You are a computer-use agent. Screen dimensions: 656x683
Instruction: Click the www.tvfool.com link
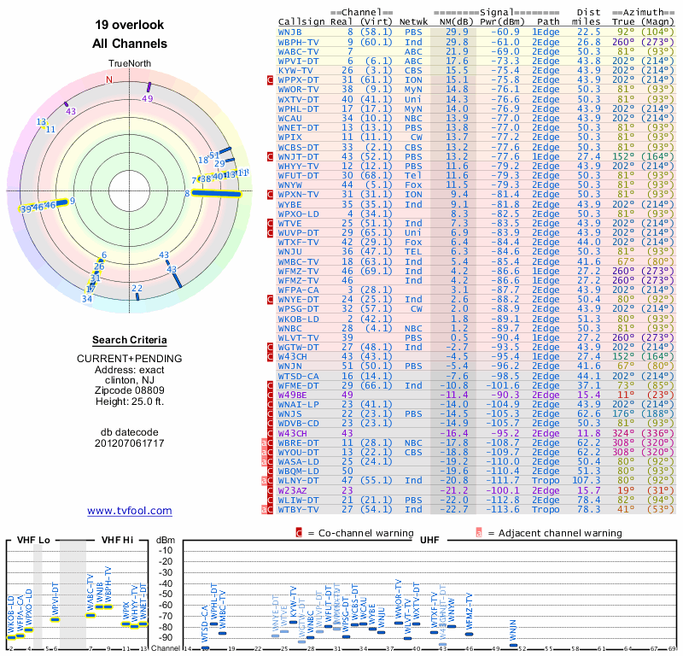pos(130,511)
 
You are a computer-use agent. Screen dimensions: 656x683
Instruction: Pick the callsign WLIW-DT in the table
pos(299,500)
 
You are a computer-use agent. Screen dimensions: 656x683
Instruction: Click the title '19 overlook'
pos(129,26)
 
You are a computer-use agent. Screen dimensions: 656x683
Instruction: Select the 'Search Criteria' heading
pos(130,340)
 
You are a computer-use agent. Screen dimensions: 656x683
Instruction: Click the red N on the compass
pos(108,80)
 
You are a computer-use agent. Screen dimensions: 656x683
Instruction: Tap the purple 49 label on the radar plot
pos(148,99)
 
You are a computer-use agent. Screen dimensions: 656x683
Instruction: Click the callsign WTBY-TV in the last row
pos(299,509)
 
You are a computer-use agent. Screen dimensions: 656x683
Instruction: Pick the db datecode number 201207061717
pos(130,442)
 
